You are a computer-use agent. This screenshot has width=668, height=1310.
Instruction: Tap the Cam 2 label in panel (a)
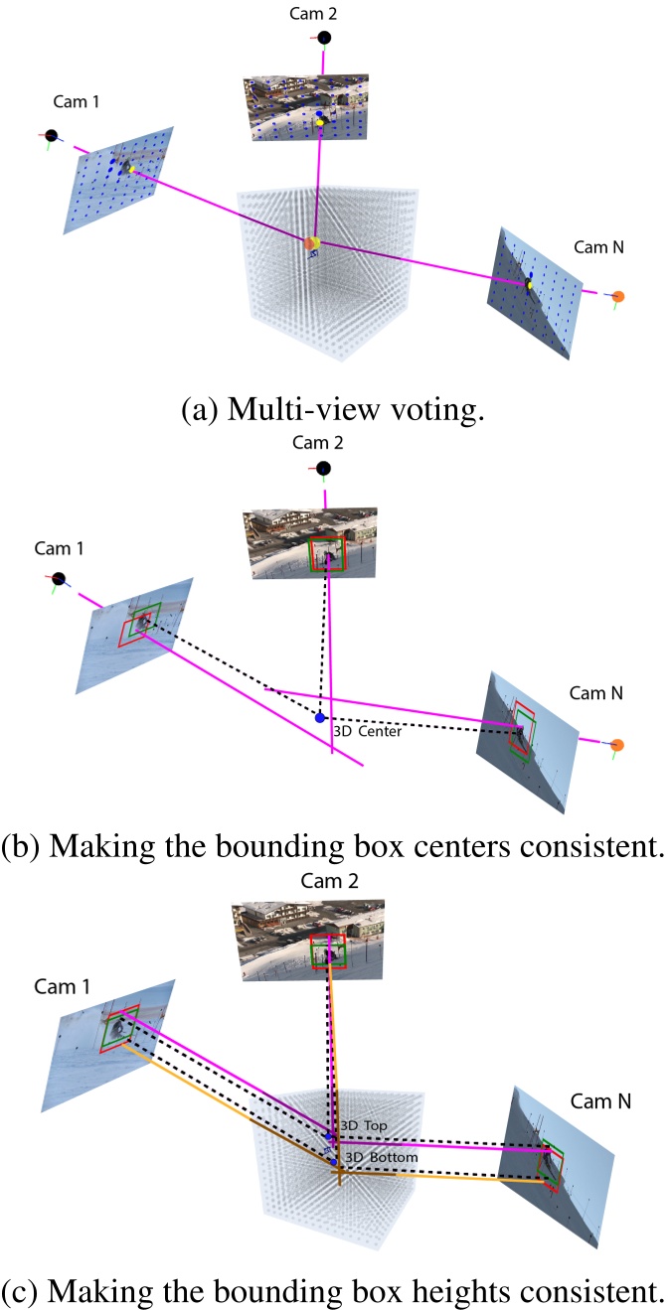click(324, 11)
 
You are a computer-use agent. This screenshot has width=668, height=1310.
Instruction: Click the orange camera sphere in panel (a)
click(617, 296)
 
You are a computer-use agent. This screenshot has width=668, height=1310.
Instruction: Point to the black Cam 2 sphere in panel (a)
click(324, 38)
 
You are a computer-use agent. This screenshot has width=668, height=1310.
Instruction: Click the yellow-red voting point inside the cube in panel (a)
click(312, 243)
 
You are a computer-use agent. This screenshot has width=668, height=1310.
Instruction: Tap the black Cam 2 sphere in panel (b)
click(323, 469)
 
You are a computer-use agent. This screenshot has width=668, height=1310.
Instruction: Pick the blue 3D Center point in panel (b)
click(319, 717)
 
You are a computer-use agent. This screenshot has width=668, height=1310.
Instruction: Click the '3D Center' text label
click(368, 732)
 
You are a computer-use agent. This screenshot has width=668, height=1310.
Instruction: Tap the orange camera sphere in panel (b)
click(617, 744)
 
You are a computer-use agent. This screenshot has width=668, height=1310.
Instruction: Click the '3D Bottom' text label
click(374, 1158)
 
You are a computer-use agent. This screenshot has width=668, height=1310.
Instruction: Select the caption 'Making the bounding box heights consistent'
click(333, 1288)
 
